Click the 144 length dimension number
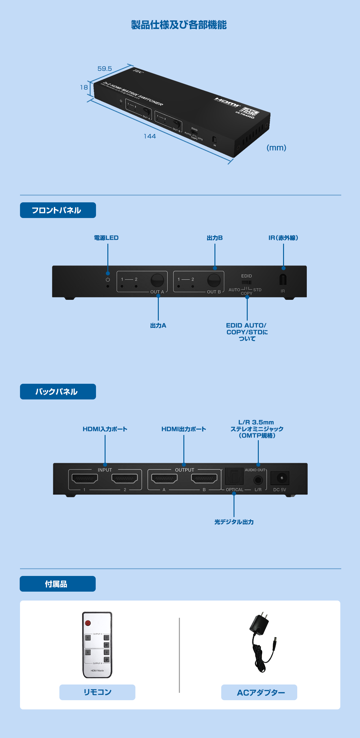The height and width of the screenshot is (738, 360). click(x=150, y=136)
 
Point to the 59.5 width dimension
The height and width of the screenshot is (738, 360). click(x=105, y=69)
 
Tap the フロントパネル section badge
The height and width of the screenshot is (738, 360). click(x=58, y=210)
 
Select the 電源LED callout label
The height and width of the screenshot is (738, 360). click(x=106, y=238)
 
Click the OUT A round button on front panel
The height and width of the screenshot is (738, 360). click(x=157, y=280)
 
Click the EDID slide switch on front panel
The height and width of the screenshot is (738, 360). click(x=246, y=282)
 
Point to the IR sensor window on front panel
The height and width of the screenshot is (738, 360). click(x=283, y=280)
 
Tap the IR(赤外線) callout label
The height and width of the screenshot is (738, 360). click(x=283, y=238)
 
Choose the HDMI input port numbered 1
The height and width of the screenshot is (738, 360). click(x=85, y=478)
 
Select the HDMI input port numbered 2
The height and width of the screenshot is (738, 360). click(x=125, y=478)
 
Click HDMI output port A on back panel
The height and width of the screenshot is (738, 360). click(x=164, y=478)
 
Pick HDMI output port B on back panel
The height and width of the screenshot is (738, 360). click(x=204, y=478)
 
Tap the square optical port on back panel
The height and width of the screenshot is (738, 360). click(x=234, y=476)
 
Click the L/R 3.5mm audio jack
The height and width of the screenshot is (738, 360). click(x=258, y=480)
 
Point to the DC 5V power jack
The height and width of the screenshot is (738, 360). click(x=280, y=478)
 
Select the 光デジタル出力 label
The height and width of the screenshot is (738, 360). click(x=234, y=522)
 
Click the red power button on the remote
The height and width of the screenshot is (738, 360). click(x=88, y=623)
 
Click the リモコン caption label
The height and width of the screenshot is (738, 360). click(x=97, y=692)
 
